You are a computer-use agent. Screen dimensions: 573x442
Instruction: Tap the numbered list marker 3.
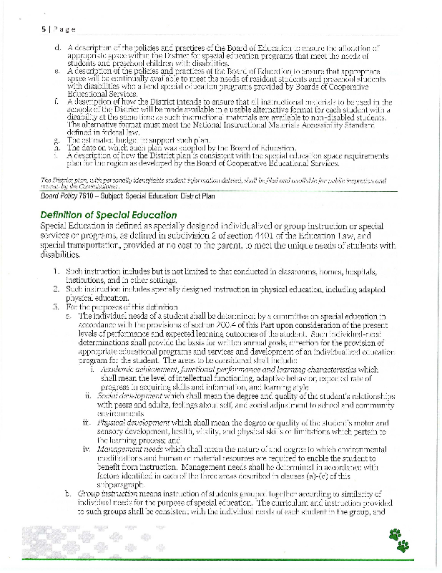coord(55,306)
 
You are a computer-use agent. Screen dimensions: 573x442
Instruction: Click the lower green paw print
coord(404,546)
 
